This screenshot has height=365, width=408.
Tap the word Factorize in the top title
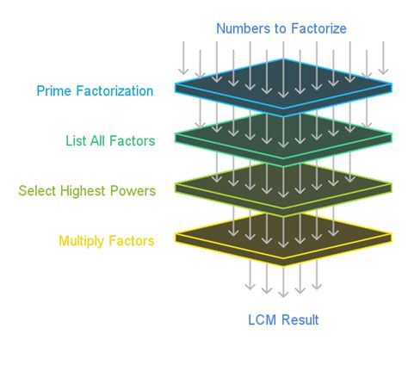tap(318, 29)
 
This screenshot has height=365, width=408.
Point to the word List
tap(77, 140)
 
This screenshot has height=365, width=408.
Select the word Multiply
tap(83, 241)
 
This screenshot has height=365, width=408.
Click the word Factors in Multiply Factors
tap(133, 241)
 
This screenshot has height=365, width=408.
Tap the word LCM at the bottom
tap(262, 321)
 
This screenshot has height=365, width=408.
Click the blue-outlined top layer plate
tap(283, 87)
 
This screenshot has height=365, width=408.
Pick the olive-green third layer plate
tap(283, 186)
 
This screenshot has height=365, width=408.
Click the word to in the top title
tap(279, 29)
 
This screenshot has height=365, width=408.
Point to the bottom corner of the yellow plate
tap(283, 264)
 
